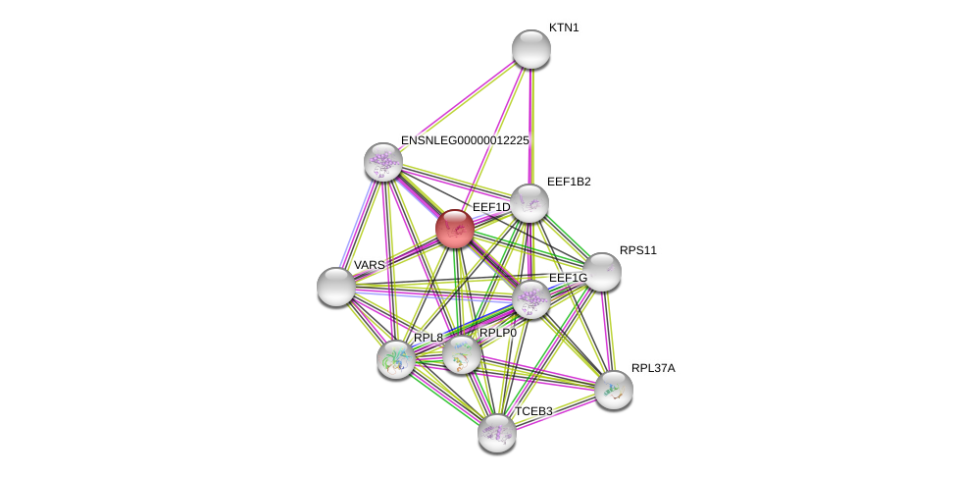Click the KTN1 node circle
coord(530,49)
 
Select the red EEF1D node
coord(455,229)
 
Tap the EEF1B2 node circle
coord(529,203)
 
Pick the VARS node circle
coord(336,287)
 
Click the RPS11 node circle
coord(601,272)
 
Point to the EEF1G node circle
coord(530,299)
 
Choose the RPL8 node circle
coord(396,359)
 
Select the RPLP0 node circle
coord(461,354)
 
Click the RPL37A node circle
coord(614,390)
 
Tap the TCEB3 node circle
coord(497,433)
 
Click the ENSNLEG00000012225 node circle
coord(383,162)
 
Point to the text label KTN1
coord(564,27)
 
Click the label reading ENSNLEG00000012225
coord(465,140)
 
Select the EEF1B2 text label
coord(569,182)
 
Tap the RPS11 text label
coord(638,250)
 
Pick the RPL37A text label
coord(653,368)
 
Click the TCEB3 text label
coord(533,411)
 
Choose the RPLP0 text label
coord(498,333)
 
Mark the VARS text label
coord(369,265)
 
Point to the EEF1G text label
coord(568,278)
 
